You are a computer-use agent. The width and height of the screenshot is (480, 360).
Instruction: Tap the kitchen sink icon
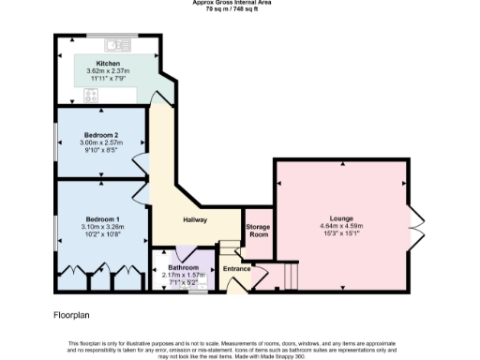click(119, 44)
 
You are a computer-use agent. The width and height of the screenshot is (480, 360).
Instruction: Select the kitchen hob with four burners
click(93, 95)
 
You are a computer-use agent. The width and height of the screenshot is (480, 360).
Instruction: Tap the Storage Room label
click(258, 231)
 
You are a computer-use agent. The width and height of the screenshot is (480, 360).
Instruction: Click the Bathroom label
click(183, 267)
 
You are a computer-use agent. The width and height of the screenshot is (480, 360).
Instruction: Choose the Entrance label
click(237, 268)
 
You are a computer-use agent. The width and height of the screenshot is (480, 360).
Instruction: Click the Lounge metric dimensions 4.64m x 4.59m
click(340, 226)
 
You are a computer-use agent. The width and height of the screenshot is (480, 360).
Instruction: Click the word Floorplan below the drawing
click(72, 316)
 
